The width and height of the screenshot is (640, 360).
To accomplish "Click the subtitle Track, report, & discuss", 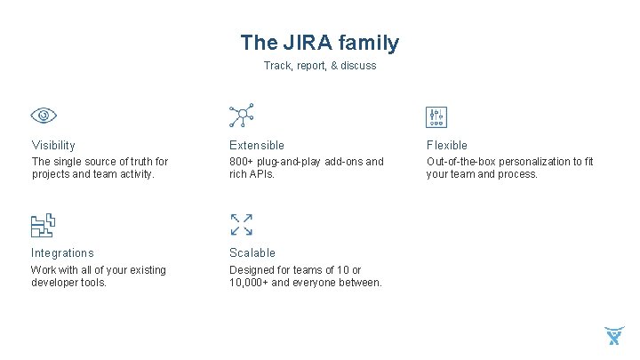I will pyautogui.click(x=320, y=66).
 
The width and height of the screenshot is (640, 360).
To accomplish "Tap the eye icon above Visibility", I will pyautogui.click(x=44, y=116).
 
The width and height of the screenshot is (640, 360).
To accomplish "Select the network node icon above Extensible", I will pyautogui.click(x=241, y=116).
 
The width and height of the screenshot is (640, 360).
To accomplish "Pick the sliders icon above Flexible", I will pyautogui.click(x=436, y=116).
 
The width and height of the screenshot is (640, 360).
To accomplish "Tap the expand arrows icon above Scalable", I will pyautogui.click(x=241, y=224).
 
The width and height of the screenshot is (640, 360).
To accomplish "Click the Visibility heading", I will pyautogui.click(x=53, y=145).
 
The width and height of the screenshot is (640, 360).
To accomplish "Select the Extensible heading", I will pyautogui.click(x=257, y=145).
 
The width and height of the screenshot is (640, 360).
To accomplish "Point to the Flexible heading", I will pyautogui.click(x=447, y=145).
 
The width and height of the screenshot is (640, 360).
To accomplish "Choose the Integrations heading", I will pyautogui.click(x=62, y=253).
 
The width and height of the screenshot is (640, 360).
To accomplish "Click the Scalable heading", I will pyautogui.click(x=252, y=253).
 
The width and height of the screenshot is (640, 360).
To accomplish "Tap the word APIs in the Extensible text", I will pyautogui.click(x=262, y=174).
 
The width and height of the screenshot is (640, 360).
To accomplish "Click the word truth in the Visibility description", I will pyautogui.click(x=130, y=162).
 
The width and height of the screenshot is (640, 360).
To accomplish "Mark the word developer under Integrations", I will pyautogui.click(x=55, y=283).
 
